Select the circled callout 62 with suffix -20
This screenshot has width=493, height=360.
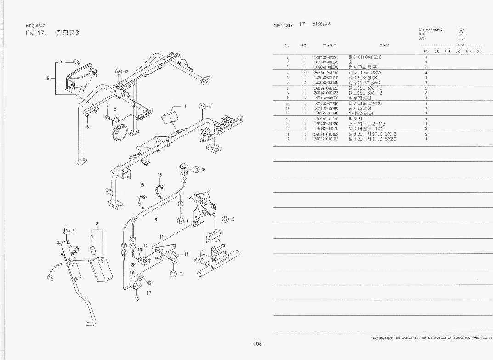[x=225, y=219]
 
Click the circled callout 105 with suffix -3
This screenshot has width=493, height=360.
[x=66, y=230]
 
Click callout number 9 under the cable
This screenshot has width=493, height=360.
[x=156, y=220]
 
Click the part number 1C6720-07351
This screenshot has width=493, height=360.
[x=326, y=57]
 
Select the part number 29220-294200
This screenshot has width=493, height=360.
[x=326, y=73]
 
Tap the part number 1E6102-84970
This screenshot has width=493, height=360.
[x=326, y=129]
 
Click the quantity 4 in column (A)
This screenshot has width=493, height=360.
[x=426, y=73]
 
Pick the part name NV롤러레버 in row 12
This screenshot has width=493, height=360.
[x=361, y=113]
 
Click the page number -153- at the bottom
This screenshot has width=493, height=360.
[x=257, y=344]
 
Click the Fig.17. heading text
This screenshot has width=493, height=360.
[x=36, y=33]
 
